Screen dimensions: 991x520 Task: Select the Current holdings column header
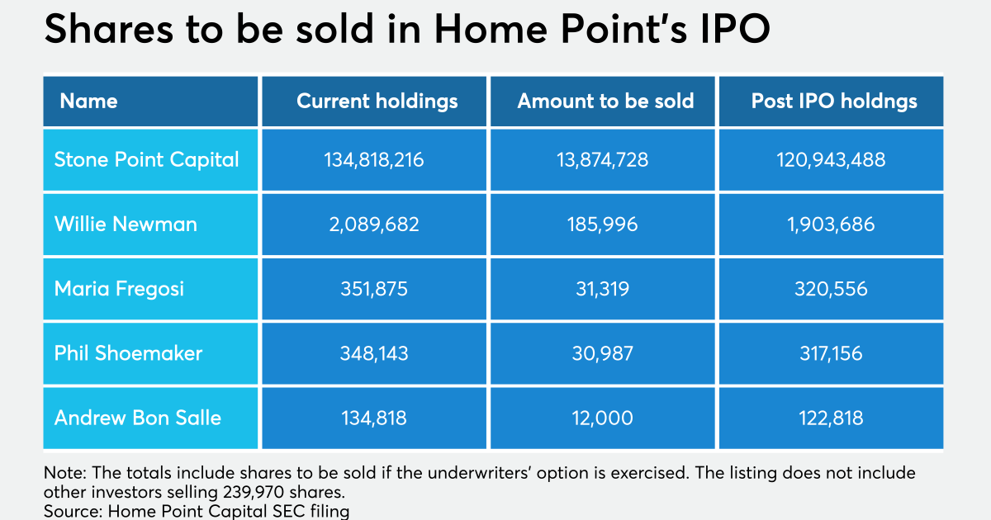point(377,102)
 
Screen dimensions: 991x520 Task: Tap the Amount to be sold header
point(605,102)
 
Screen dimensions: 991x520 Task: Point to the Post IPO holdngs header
point(834,102)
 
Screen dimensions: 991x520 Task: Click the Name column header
point(88,102)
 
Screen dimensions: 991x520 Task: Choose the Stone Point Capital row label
point(146,159)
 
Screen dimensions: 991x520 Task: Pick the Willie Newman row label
point(126,225)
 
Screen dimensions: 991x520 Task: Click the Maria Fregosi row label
point(119,289)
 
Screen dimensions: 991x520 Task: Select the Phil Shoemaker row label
point(128,353)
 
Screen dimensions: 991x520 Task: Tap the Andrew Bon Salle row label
point(138,418)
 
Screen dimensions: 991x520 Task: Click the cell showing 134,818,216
point(374,159)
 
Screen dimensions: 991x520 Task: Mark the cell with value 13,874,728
point(603,159)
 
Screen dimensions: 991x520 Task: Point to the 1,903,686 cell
point(831,225)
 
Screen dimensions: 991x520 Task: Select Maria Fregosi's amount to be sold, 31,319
point(603,289)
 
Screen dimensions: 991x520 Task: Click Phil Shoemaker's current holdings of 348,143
point(374,353)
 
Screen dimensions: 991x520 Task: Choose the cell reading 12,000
point(603,418)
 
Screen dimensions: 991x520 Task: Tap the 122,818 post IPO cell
point(831,418)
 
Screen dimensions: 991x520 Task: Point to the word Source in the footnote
point(73,511)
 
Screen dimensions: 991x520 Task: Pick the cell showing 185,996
point(603,225)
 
